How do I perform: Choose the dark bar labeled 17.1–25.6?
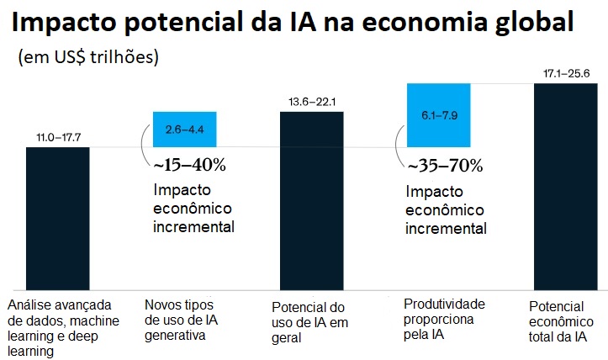point(566,185)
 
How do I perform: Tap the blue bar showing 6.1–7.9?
point(438,114)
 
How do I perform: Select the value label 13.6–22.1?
point(312,102)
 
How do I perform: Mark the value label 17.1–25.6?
point(566,74)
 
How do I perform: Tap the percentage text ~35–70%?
point(445,165)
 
